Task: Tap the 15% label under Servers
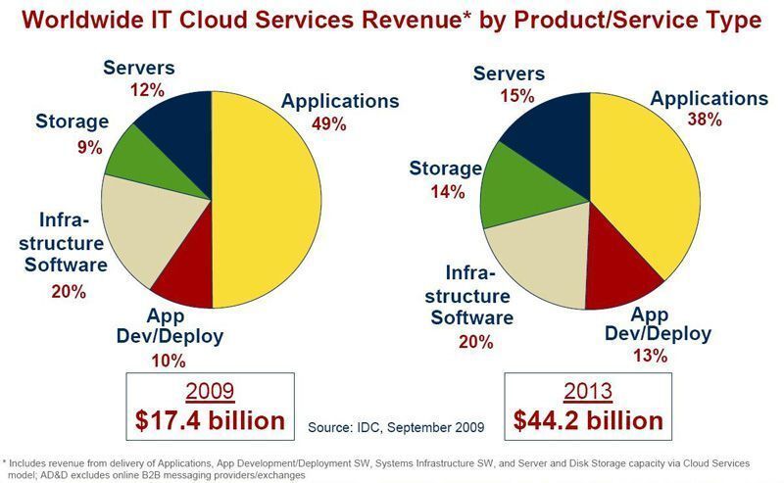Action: (x=516, y=96)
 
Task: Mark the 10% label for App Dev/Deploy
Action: (x=168, y=362)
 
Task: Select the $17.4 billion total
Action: (x=210, y=421)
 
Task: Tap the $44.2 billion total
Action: (x=588, y=421)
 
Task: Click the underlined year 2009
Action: (x=210, y=391)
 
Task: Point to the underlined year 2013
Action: (x=588, y=391)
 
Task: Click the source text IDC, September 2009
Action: (x=396, y=428)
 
